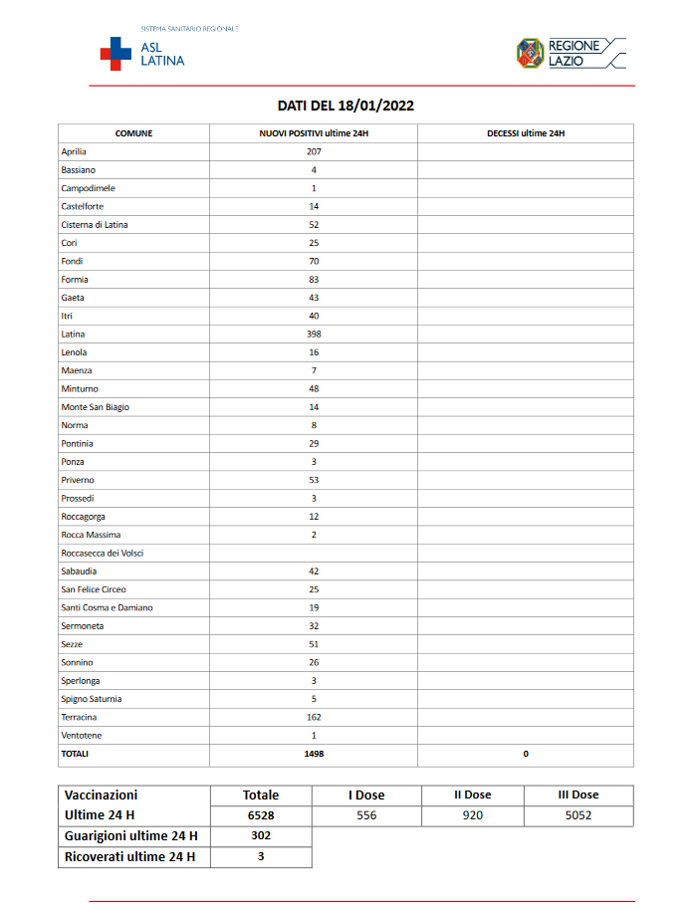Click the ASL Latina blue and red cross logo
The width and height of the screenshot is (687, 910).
(x=115, y=54)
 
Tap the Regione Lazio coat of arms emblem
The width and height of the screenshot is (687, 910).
(x=529, y=53)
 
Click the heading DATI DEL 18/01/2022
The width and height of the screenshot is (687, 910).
(x=344, y=106)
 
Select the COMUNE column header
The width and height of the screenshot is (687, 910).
(x=133, y=133)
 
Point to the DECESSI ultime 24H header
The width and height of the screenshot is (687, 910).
(x=526, y=133)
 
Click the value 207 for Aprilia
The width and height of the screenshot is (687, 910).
(x=314, y=151)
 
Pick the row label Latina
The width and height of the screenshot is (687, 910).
(x=73, y=334)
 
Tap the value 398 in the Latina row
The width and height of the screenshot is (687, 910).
(x=314, y=334)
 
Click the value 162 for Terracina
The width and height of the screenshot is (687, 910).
(x=314, y=717)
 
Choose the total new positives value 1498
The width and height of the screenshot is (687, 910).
(x=314, y=754)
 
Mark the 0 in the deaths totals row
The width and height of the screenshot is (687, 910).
(x=526, y=754)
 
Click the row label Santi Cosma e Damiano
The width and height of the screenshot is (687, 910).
(x=107, y=607)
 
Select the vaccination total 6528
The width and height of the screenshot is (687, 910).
(x=261, y=815)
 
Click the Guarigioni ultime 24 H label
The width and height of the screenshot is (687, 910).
(x=130, y=836)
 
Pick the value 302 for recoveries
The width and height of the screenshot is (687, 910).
(x=261, y=836)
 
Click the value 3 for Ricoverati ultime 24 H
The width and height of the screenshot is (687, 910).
(x=261, y=856)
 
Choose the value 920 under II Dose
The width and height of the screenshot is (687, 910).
(x=473, y=815)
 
